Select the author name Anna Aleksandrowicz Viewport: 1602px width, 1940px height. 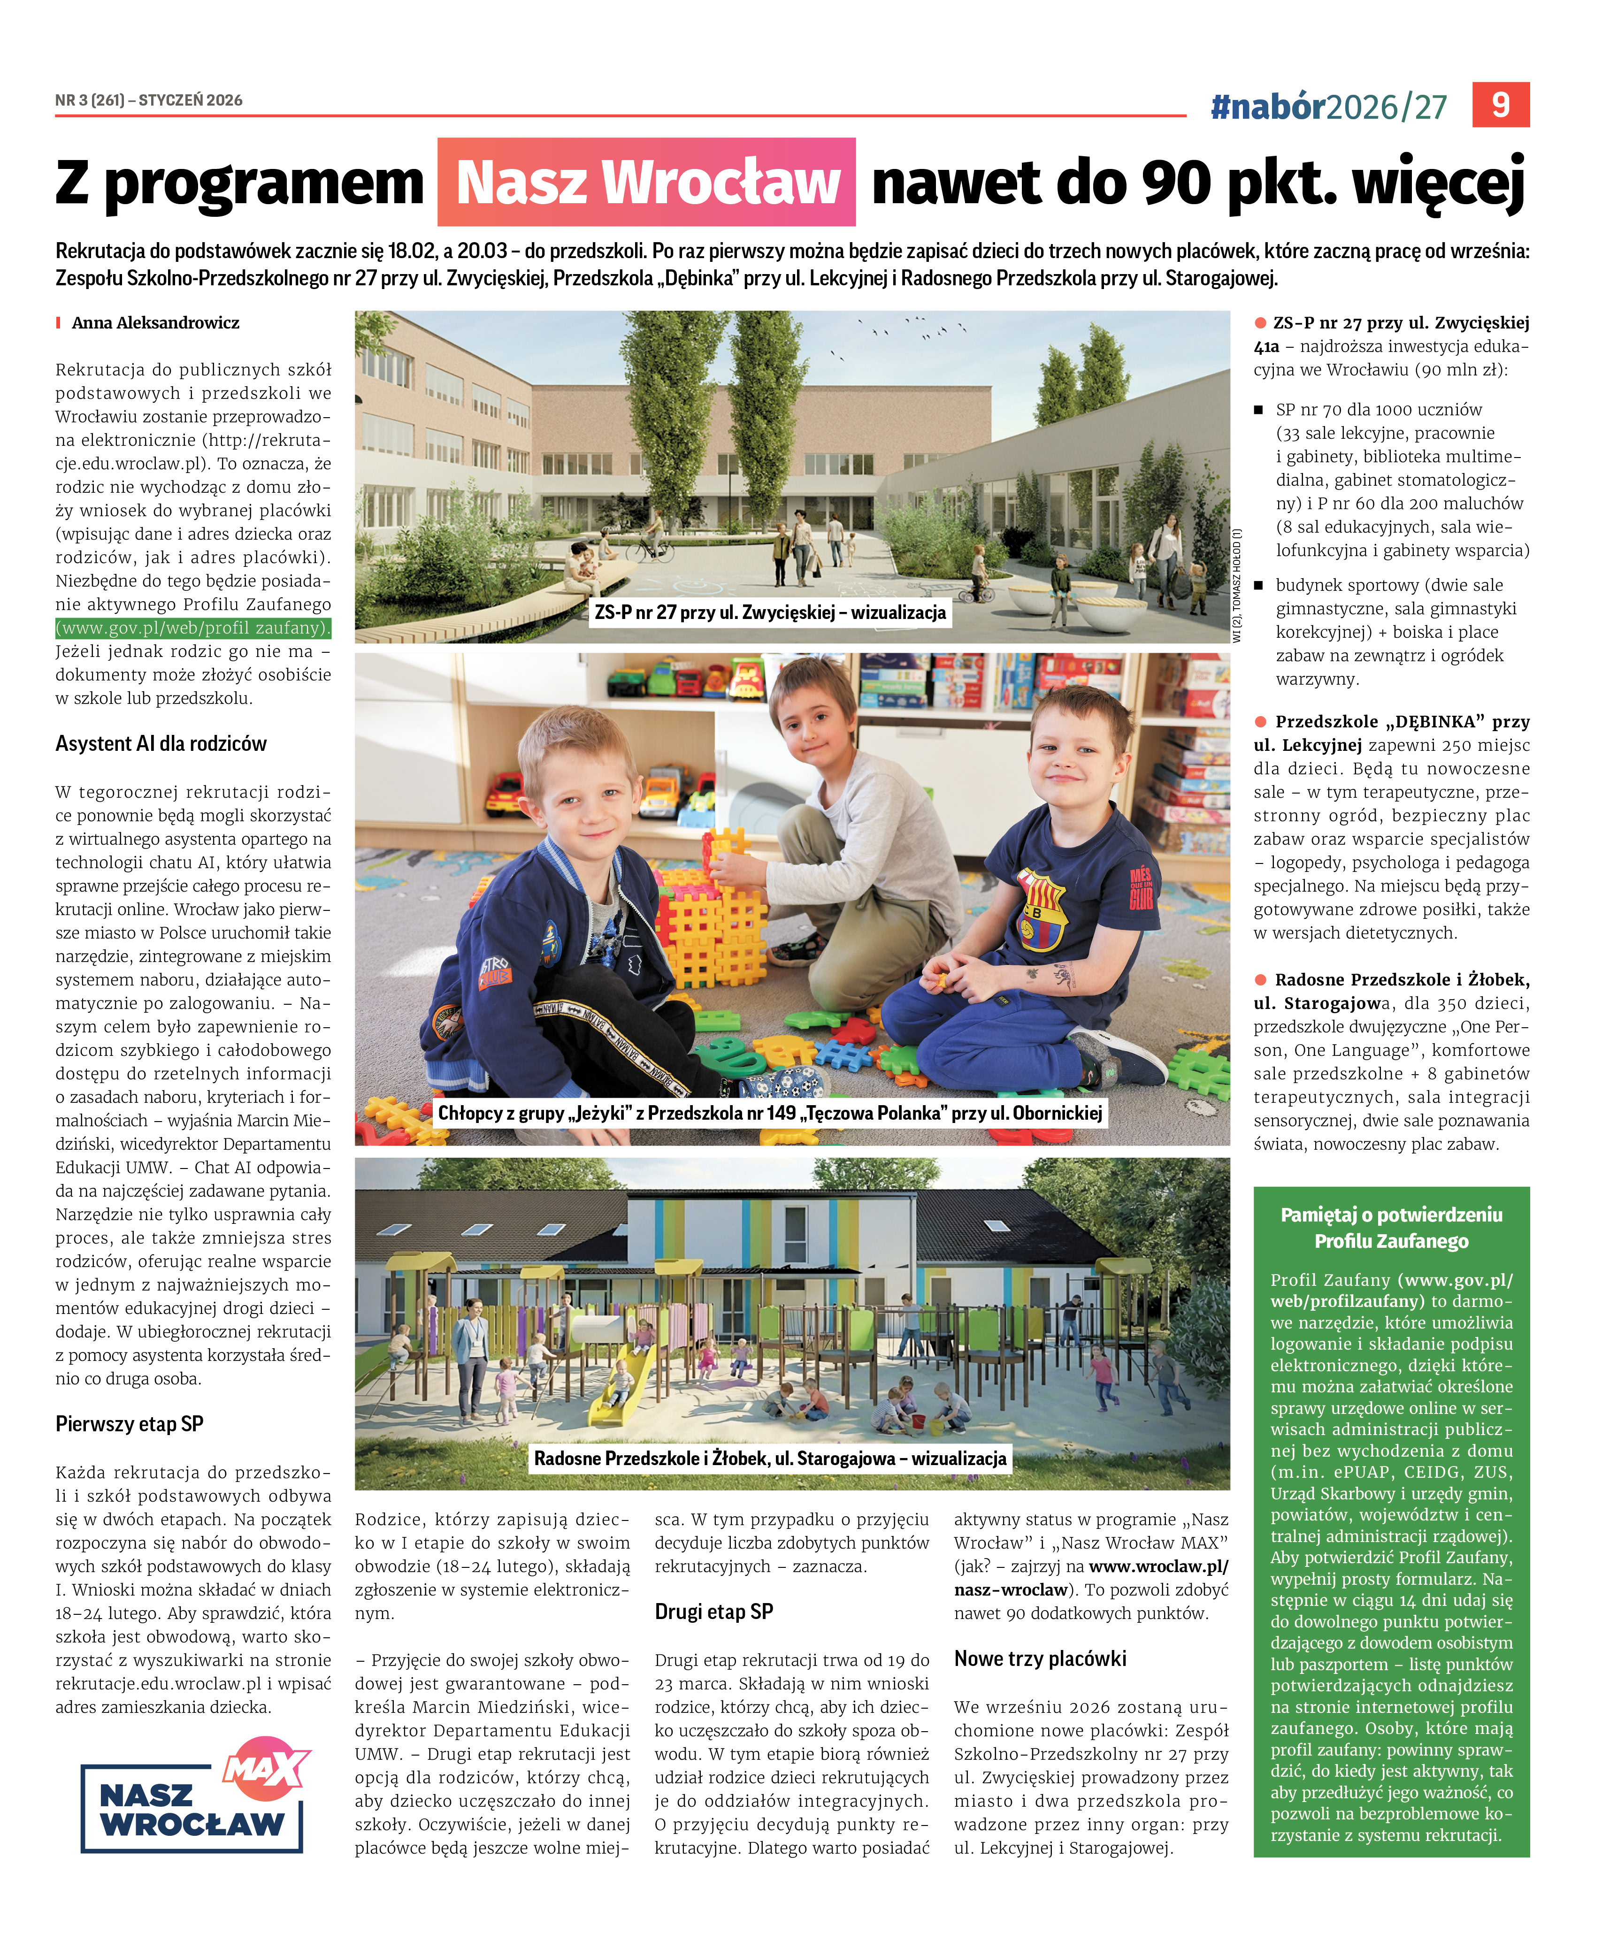click(x=155, y=323)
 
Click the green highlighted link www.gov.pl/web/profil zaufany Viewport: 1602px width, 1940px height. click(x=193, y=628)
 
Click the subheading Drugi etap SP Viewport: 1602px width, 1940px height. click(x=713, y=1612)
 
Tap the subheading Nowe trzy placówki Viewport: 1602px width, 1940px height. click(x=1040, y=1658)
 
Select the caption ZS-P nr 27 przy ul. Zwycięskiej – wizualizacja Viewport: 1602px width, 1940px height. click(x=770, y=612)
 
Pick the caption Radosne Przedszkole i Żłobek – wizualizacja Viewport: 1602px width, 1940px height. click(x=770, y=1459)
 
